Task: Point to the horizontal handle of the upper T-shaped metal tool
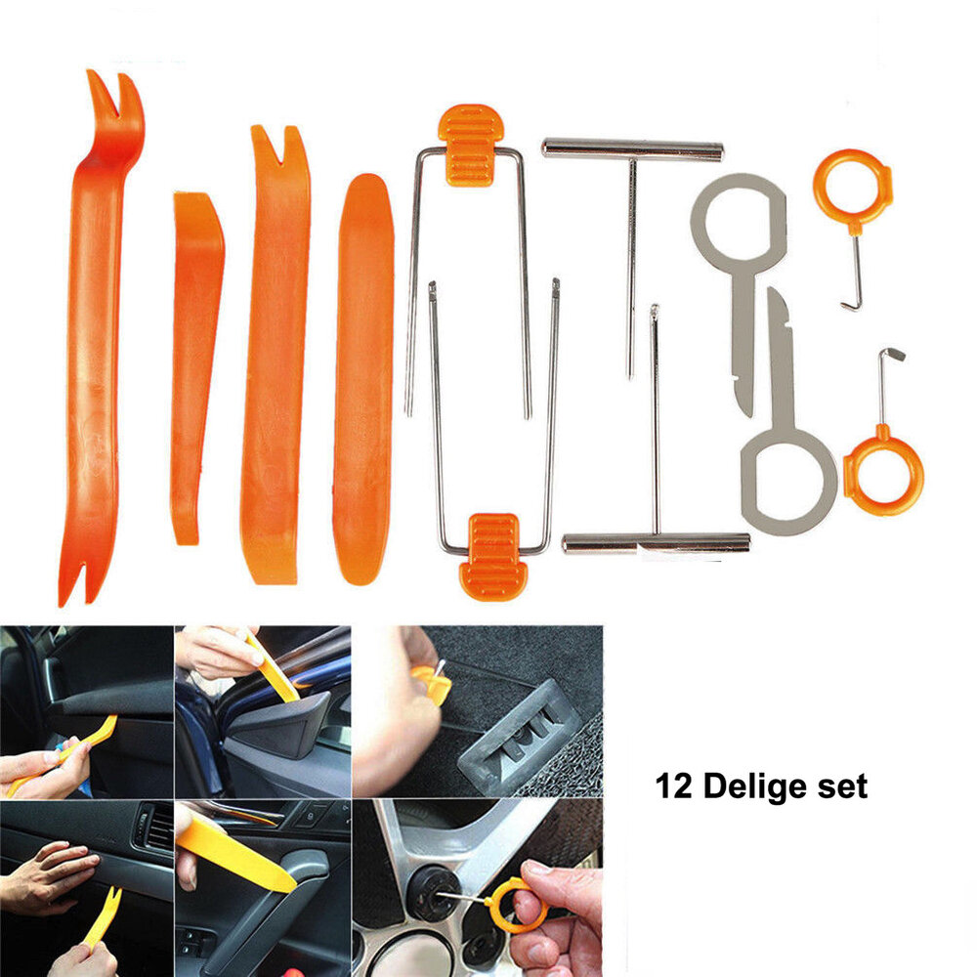[632, 149]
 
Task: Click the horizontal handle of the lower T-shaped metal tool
[656, 543]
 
